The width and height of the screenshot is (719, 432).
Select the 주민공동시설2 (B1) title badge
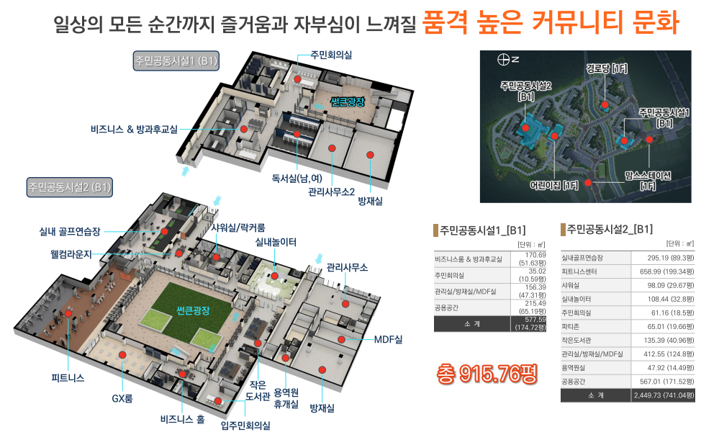(69, 187)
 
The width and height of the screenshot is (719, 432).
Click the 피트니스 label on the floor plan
(68, 378)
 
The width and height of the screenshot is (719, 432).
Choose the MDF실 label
(389, 338)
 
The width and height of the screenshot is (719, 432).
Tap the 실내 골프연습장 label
(70, 231)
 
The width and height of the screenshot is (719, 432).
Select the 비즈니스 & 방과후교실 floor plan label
(134, 130)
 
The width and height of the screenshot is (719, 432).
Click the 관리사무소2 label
(332, 192)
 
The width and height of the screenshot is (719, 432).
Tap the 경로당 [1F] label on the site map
(607, 69)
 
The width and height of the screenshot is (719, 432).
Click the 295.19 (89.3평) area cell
(663, 258)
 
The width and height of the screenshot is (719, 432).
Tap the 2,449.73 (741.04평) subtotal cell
(663, 395)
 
